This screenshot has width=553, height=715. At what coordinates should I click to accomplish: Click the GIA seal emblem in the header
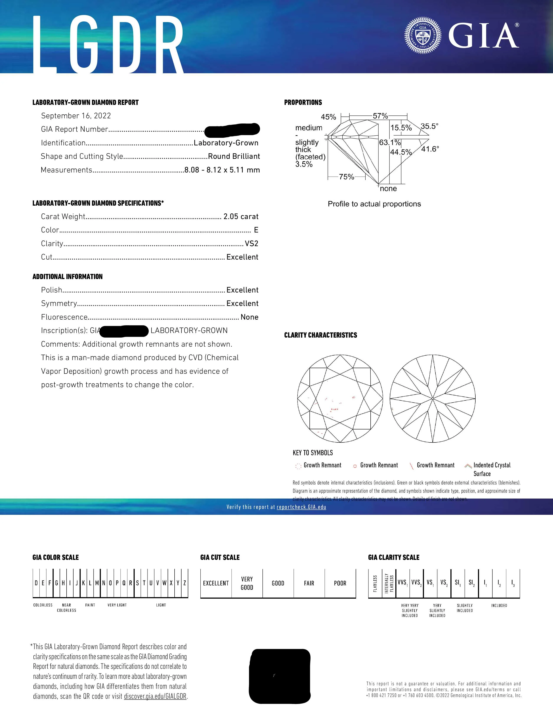[423, 36]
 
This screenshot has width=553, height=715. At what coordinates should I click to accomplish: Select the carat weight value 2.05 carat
[241, 217]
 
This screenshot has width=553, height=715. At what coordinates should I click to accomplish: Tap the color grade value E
[256, 230]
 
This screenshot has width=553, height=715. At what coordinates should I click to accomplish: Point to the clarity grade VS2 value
[252, 244]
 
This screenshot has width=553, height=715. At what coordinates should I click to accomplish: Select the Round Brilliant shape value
[234, 156]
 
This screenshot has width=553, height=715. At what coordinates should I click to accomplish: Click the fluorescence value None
[249, 317]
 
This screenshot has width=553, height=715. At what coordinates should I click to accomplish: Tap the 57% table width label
[380, 116]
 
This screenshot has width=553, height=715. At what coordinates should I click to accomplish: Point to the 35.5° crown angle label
[429, 126]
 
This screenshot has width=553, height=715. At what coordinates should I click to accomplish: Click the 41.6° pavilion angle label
[430, 149]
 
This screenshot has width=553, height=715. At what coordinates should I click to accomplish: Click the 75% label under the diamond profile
[347, 177]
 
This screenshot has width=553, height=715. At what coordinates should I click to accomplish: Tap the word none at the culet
[388, 189]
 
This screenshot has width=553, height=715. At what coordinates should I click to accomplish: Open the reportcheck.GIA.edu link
[301, 507]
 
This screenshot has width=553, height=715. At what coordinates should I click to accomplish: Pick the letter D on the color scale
[36, 583]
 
